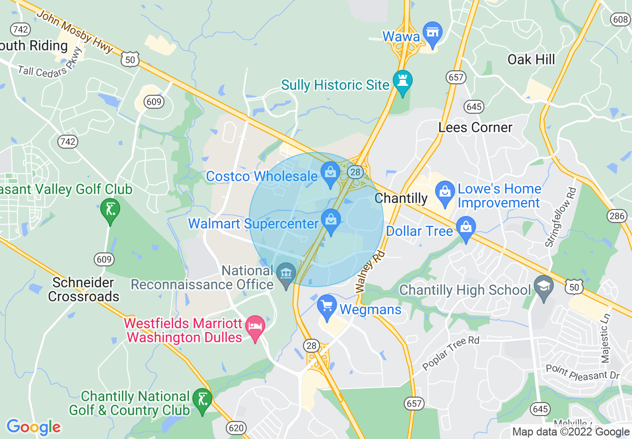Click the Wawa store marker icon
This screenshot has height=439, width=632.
click(432, 32)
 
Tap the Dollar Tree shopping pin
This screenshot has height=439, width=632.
click(466, 228)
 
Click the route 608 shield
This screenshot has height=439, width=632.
click(620, 19)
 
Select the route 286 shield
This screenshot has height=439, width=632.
click(617, 216)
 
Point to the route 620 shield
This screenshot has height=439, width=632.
click(235, 427)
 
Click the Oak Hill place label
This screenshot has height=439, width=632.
click(531, 60)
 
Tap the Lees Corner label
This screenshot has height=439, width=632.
click(475, 128)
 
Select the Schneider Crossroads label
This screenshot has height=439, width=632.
click(86, 289)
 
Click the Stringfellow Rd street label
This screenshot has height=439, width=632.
click(560, 218)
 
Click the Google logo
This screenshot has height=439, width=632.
click(33, 428)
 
